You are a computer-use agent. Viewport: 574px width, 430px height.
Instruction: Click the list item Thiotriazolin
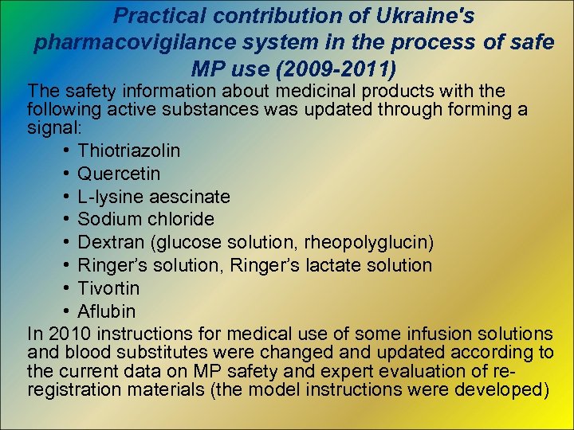click(x=128, y=150)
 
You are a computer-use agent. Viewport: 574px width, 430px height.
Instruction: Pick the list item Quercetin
click(x=119, y=174)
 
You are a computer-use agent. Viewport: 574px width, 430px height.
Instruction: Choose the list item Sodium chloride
click(x=146, y=219)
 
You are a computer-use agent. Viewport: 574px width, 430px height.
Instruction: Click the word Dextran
click(x=108, y=242)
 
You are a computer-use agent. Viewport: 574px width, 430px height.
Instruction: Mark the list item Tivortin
click(x=108, y=288)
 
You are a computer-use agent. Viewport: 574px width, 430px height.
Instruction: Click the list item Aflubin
click(x=106, y=311)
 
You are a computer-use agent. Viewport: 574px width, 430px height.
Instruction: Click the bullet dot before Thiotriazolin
click(x=64, y=150)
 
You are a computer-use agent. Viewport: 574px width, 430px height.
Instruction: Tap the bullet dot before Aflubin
click(x=64, y=311)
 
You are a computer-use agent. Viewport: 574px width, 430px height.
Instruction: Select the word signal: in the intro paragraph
click(x=52, y=127)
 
